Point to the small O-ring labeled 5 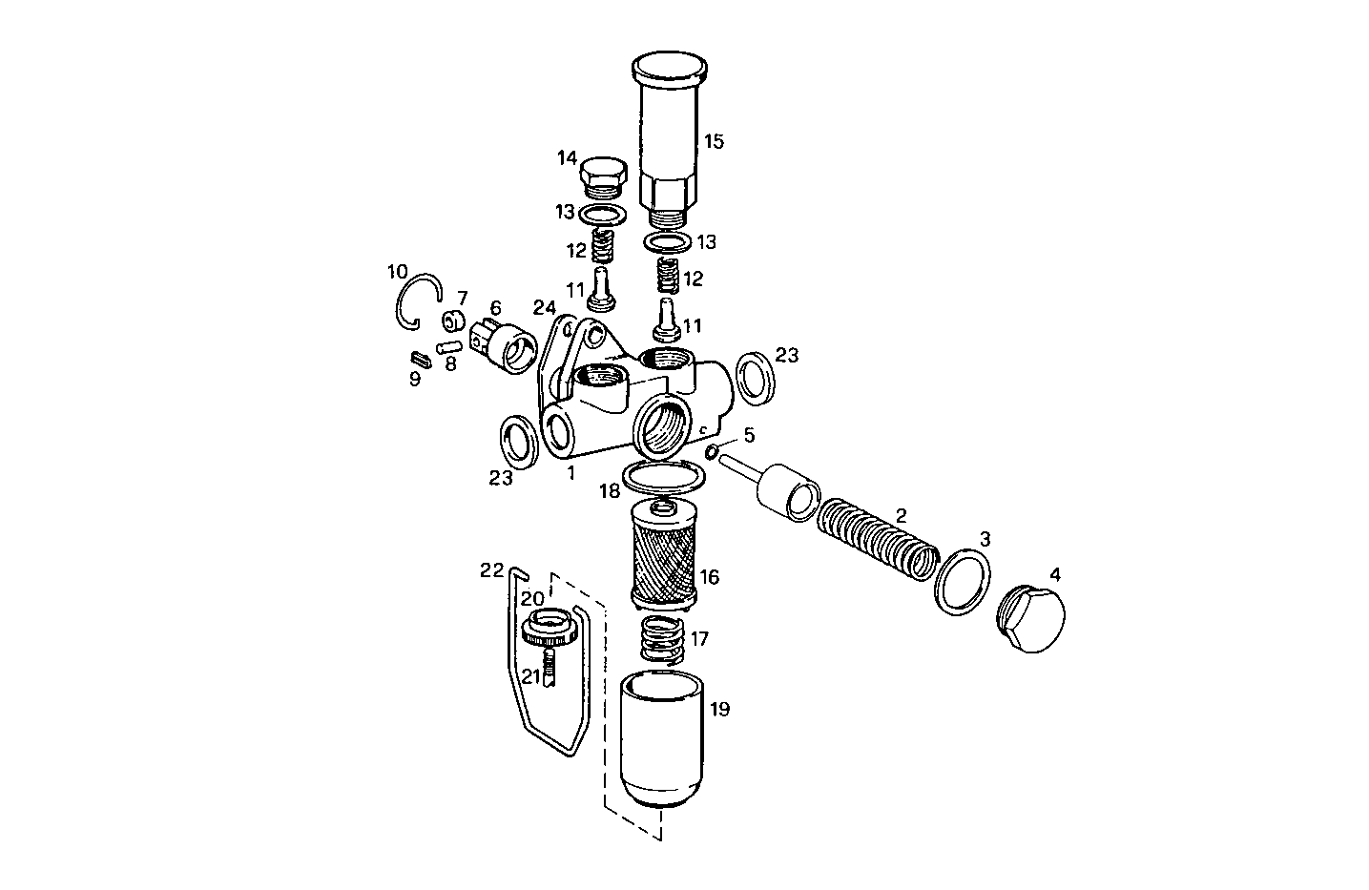713,449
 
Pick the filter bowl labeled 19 661,739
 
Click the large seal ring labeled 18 661,474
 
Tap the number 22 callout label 491,570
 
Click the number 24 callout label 544,307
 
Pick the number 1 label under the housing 570,471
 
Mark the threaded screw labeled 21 549,665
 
